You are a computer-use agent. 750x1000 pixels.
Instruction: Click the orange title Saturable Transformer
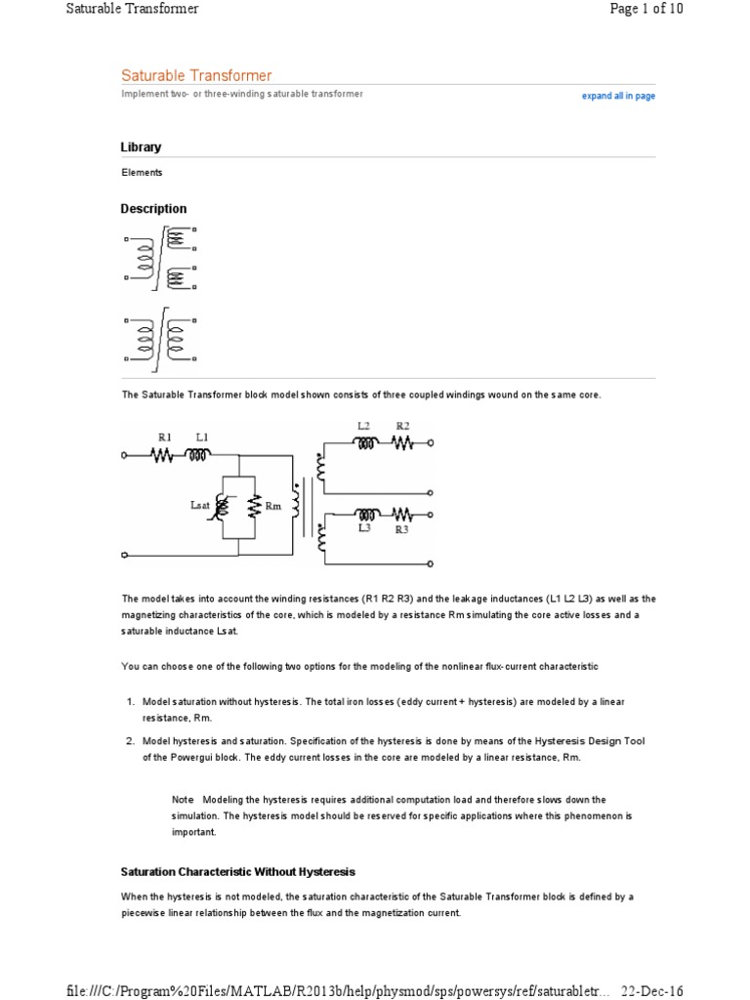click(x=196, y=75)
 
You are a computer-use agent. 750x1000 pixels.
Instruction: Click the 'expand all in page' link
click(x=618, y=97)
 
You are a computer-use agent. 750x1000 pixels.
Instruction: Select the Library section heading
click(x=141, y=147)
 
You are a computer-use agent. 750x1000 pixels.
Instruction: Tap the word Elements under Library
click(x=142, y=173)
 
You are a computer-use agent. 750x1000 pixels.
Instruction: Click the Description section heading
click(x=153, y=209)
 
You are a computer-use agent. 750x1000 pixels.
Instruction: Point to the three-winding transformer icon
click(x=159, y=258)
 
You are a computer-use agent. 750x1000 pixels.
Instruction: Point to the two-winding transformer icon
click(x=159, y=343)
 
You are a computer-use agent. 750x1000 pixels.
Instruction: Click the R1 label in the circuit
click(x=165, y=437)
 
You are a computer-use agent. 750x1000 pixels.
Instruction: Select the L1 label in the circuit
click(x=201, y=437)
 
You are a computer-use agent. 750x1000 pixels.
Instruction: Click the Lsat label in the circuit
click(x=200, y=505)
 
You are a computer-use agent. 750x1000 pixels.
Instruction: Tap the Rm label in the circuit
click(x=273, y=506)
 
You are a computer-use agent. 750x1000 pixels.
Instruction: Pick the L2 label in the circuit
click(x=363, y=426)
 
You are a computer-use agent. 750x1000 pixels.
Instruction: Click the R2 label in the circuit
click(x=401, y=426)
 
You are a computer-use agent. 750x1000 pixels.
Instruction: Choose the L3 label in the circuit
click(x=363, y=528)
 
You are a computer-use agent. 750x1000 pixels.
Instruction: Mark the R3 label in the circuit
click(x=401, y=529)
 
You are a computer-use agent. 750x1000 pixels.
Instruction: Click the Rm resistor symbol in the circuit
click(x=253, y=506)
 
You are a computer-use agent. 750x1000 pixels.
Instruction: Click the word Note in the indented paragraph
click(x=183, y=799)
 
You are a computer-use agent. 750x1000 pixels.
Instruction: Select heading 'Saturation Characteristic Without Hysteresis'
click(x=237, y=871)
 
